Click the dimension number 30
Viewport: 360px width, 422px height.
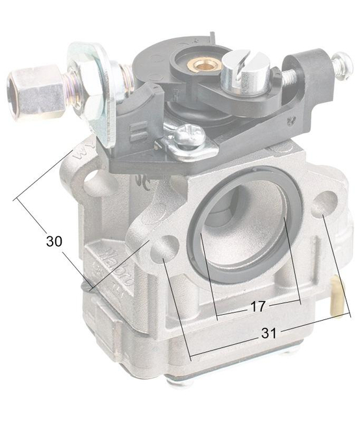(54, 241)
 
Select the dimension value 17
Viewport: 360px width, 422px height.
(257, 307)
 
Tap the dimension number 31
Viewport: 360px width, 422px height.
(269, 333)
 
